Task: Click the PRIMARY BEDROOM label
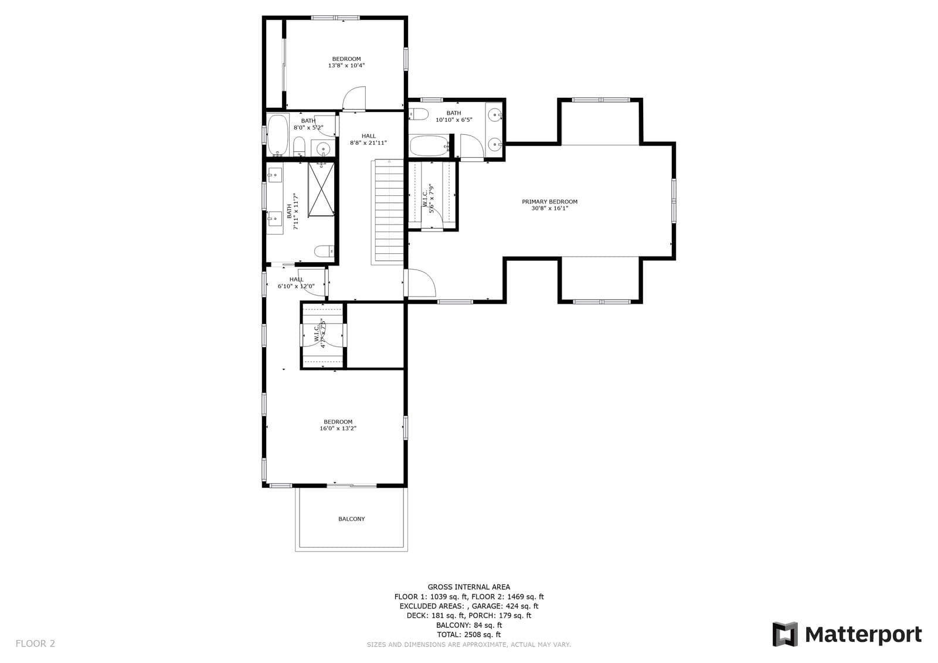549,202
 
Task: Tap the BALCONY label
351,519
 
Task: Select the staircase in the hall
388,212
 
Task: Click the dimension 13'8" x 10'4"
346,66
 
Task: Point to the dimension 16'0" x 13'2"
338,429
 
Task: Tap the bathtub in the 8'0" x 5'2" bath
277,134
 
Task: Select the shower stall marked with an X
322,188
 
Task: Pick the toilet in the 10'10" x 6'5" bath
419,114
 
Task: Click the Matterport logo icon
784,634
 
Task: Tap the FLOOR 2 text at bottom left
35,643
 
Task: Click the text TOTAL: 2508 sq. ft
468,634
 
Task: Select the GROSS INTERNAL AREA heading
468,587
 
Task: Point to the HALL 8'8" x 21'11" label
368,140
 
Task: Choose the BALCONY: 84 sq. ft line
468,625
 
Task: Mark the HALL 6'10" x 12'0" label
296,283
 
